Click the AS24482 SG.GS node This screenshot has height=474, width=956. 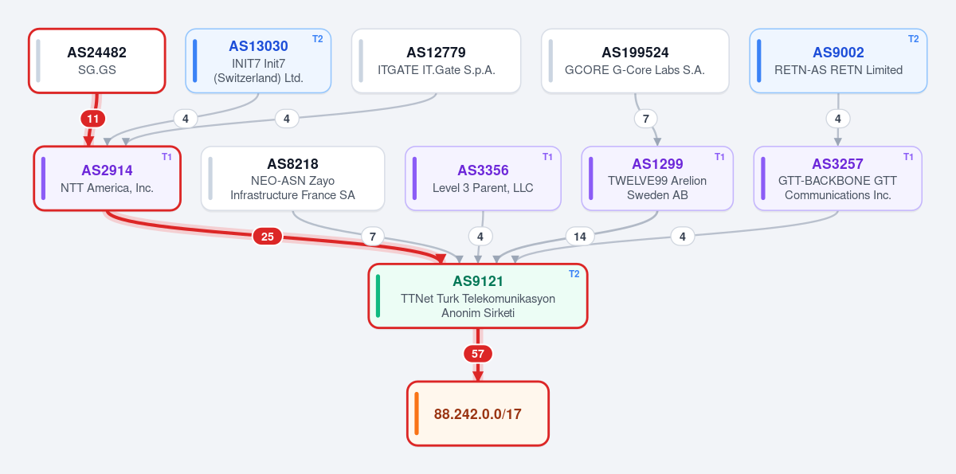[x=97, y=61]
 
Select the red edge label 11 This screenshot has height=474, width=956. [x=93, y=119]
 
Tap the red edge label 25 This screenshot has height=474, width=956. [x=267, y=237]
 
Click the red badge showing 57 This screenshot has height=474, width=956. [x=477, y=354]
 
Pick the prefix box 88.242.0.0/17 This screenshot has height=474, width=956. [x=477, y=413]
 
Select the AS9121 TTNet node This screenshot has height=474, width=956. [x=477, y=296]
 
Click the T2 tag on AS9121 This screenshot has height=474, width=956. [x=574, y=274]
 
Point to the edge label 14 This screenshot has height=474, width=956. [x=580, y=237]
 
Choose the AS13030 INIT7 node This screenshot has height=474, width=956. [x=258, y=61]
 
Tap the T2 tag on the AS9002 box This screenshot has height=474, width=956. [x=913, y=39]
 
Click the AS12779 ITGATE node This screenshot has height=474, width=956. [x=437, y=61]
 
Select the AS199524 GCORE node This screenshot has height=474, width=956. [x=635, y=61]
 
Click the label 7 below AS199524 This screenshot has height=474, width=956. [x=646, y=119]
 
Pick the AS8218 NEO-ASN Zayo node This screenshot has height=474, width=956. [x=293, y=178]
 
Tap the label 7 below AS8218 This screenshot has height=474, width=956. [x=373, y=237]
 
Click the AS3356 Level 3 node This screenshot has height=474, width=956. [x=483, y=178]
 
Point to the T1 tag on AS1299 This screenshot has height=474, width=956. [x=719, y=157]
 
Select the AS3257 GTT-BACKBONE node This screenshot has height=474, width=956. [x=838, y=178]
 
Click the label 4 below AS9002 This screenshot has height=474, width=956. [x=838, y=119]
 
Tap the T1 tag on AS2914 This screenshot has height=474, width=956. [x=167, y=157]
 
